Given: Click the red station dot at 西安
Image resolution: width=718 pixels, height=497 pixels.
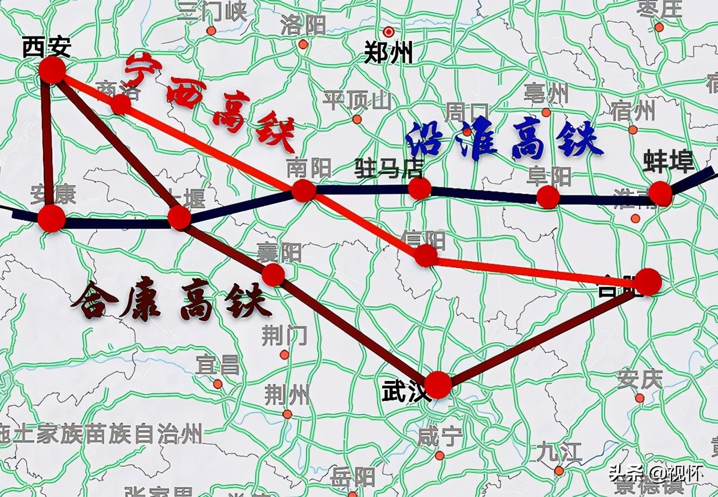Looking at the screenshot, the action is coord(52,70).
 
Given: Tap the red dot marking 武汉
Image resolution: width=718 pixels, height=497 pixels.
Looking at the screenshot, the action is coord(438,385).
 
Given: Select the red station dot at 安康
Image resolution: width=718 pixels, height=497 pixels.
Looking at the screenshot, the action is coord(51,218).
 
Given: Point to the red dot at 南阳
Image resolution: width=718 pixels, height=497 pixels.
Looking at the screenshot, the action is coord(303,191).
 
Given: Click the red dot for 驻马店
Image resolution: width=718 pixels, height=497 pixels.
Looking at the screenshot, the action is coord(419,188).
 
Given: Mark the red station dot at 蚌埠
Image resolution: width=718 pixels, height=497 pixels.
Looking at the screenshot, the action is coord(660,193).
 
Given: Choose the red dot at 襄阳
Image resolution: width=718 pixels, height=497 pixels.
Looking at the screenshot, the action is coord(273,274).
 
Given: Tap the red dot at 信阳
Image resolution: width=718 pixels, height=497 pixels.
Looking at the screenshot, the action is coord(426,256).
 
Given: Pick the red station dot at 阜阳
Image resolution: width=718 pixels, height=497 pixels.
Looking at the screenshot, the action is coord(548,197).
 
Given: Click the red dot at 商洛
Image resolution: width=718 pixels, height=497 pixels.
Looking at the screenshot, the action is coord(120,104).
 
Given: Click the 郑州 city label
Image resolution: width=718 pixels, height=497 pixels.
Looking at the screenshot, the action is coord(388,54).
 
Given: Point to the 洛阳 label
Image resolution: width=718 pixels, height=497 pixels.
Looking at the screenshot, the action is coord(303,25).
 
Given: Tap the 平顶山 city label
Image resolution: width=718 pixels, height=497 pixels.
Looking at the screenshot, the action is coord(357,101).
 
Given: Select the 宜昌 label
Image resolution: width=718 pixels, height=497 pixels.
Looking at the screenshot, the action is coord(218,365).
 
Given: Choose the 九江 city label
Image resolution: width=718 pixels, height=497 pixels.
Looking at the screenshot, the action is coord(559,452).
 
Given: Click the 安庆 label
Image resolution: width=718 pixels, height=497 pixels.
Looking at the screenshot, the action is coord(639,379).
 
